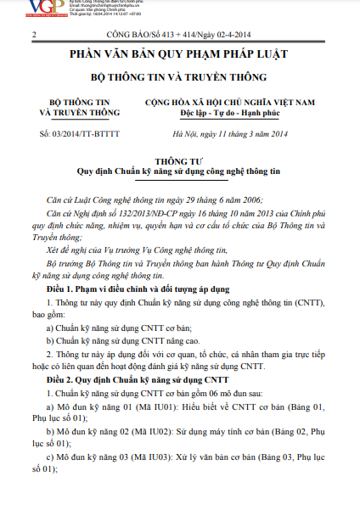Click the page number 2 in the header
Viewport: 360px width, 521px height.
[31, 36]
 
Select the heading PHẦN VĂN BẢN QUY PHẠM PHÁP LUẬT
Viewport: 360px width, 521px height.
[179, 54]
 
